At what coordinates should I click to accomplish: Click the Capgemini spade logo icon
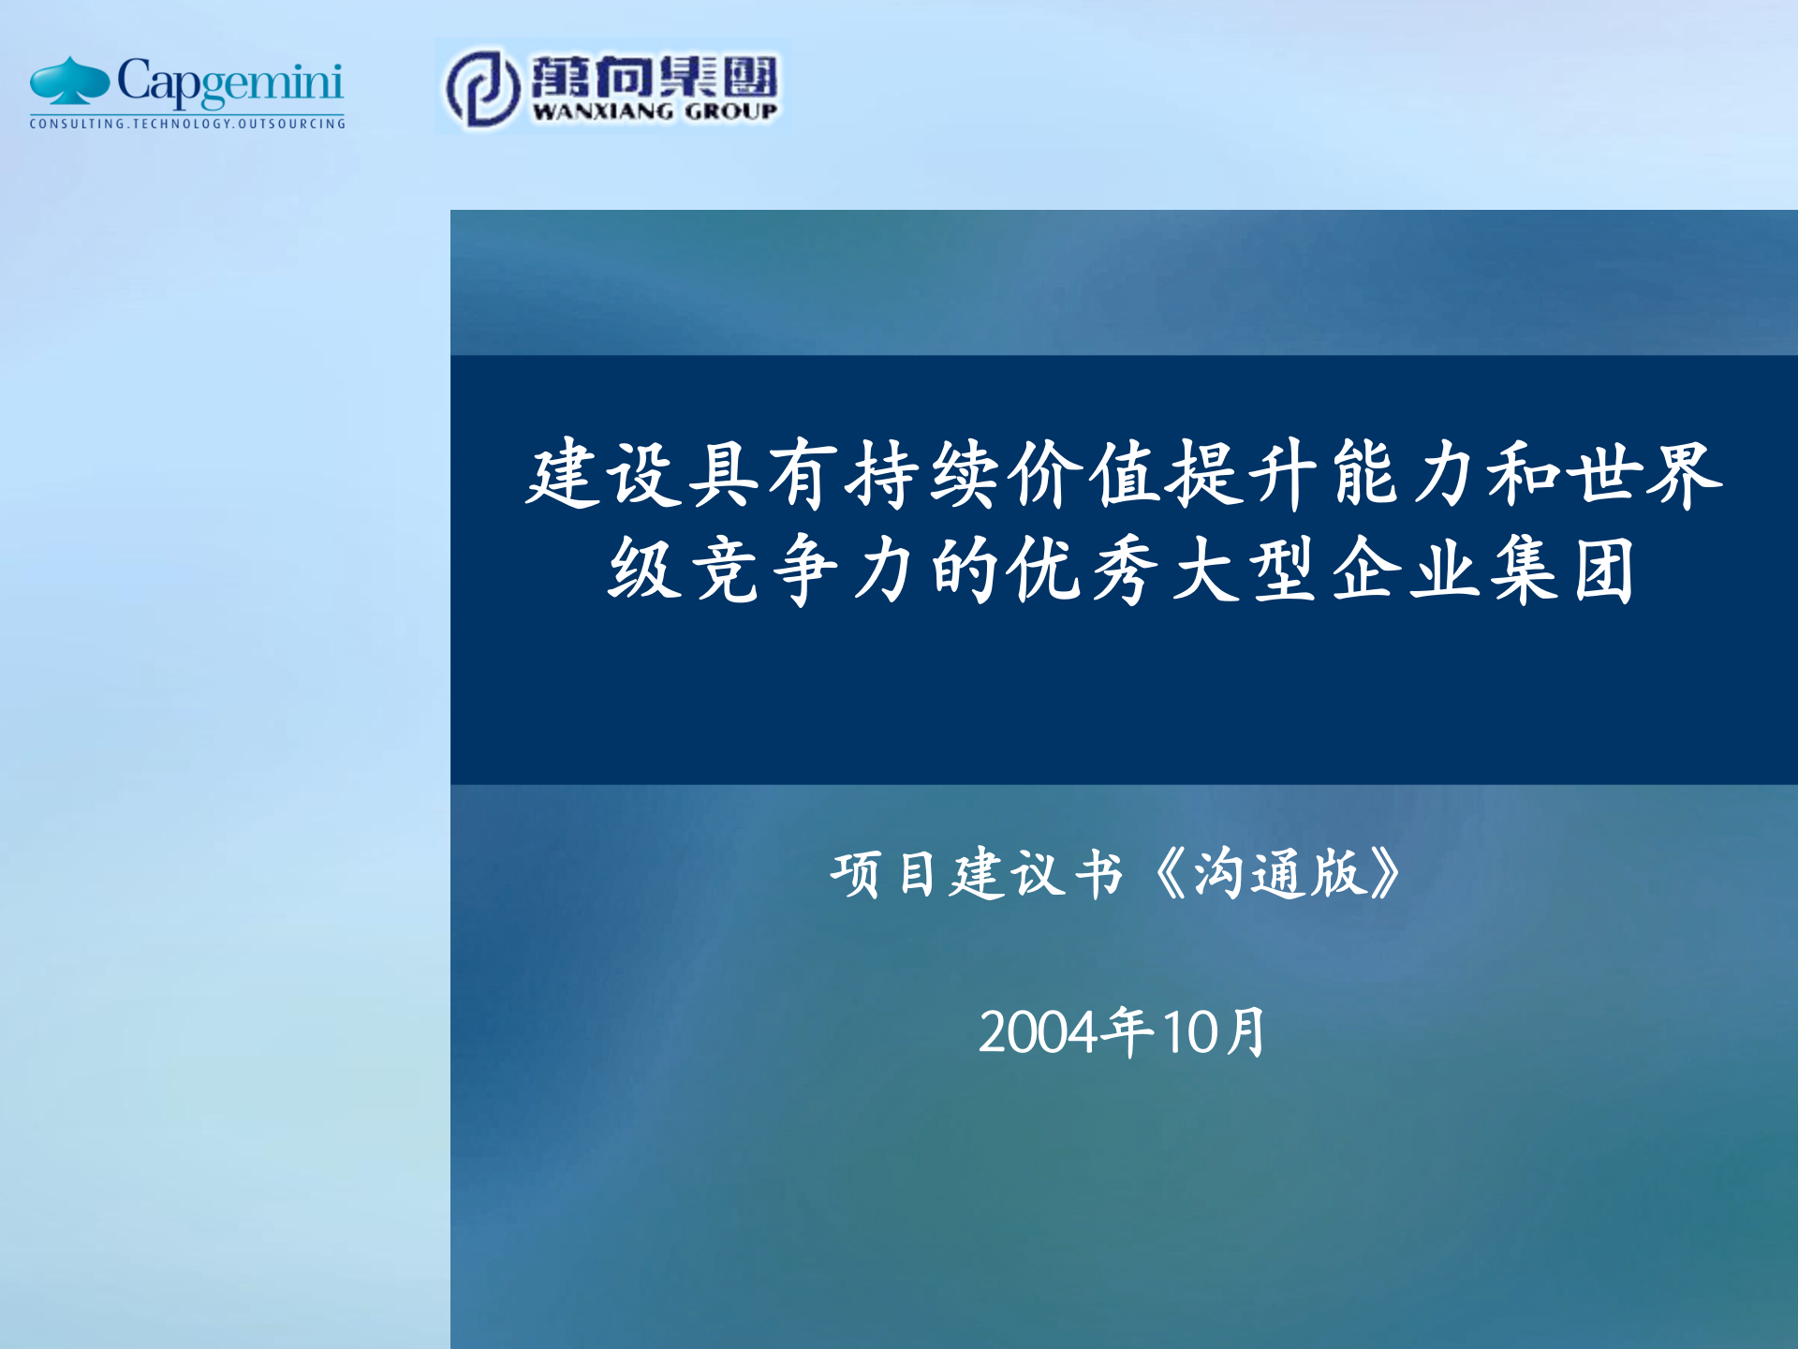tap(69, 82)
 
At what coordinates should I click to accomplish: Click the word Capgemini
tap(230, 82)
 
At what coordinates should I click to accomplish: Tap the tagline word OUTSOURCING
tap(291, 124)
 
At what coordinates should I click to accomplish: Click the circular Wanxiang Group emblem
tap(482, 87)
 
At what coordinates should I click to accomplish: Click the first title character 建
tap(564, 475)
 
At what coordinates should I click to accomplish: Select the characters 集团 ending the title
tap(1564, 570)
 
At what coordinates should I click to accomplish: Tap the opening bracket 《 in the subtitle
tap(1168, 874)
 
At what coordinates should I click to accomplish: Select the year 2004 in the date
tap(1038, 1032)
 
